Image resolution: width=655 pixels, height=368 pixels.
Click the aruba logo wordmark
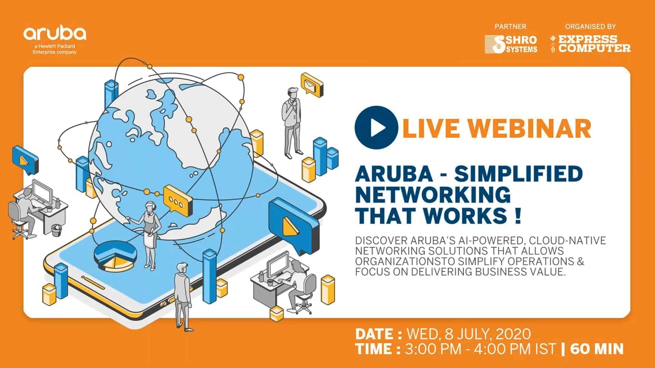pyautogui.click(x=55, y=34)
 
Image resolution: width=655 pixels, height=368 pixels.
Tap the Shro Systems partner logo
pyautogui.click(x=511, y=44)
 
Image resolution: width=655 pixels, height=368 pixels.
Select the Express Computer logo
pyautogui.click(x=591, y=44)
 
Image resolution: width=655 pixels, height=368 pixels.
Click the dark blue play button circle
pyautogui.click(x=376, y=127)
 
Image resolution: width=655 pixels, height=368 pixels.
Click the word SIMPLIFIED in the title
pyautogui.click(x=518, y=174)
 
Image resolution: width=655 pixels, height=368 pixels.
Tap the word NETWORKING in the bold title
pyautogui.click(x=433, y=195)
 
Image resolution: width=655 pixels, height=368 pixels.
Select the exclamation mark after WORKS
pyautogui.click(x=518, y=216)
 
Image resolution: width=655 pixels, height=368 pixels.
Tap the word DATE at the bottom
pyautogui.click(x=374, y=334)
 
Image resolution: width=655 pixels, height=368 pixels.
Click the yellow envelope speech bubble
pyautogui.click(x=311, y=83)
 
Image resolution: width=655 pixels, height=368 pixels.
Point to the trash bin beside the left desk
pyautogui.click(x=56, y=230)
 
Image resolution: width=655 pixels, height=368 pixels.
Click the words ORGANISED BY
pyautogui.click(x=590, y=27)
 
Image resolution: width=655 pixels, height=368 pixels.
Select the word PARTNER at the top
pyautogui.click(x=510, y=27)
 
